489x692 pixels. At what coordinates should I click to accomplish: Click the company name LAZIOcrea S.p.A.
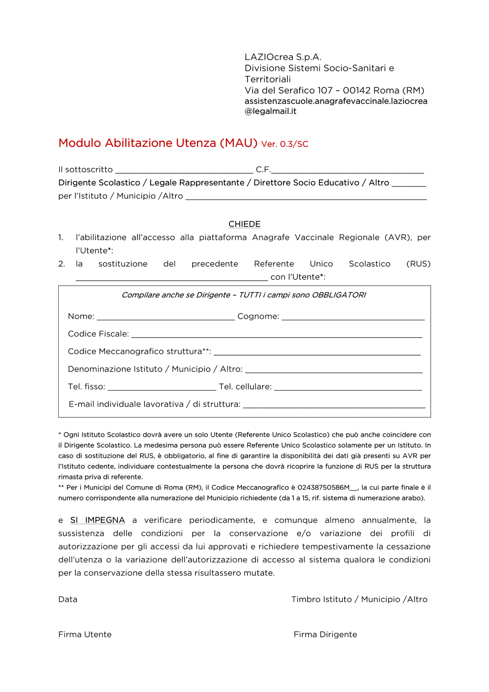click(283, 57)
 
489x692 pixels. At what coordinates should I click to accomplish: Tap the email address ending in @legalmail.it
click(336, 106)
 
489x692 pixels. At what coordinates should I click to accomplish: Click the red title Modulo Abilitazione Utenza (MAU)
click(157, 143)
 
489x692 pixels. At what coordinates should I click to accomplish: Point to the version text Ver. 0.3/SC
click(285, 144)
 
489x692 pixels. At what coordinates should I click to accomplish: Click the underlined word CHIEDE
click(244, 224)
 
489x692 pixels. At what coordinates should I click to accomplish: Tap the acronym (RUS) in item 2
click(418, 264)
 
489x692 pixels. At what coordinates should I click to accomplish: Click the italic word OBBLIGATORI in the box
click(339, 295)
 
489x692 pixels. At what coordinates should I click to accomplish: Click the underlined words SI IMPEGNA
click(97, 520)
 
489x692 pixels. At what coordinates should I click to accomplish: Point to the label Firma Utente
click(85, 634)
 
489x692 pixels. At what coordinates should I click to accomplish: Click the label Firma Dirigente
click(325, 634)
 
